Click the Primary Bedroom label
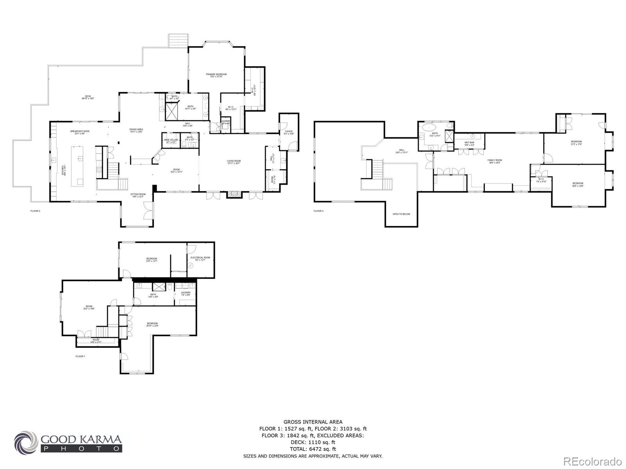pos(216,75)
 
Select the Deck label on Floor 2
pos(88,97)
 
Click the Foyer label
pos(289,132)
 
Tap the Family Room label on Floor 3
pos(495,161)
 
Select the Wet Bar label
pos(469,143)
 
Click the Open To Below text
pos(402,214)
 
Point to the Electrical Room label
pos(200,258)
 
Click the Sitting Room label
pos(138,195)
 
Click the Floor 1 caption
pos(80,356)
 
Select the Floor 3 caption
pos(318,211)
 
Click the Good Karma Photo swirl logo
pos(26,442)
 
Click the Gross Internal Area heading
pos(313,422)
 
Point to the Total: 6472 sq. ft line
pos(313,449)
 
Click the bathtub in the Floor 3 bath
pos(430,127)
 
